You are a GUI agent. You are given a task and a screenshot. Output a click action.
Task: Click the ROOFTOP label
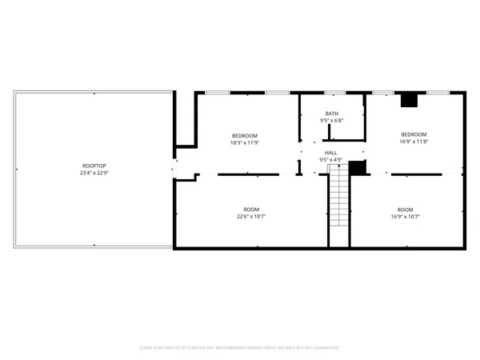(x=94, y=166)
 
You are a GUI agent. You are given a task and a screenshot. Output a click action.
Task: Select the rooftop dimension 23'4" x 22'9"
(x=94, y=173)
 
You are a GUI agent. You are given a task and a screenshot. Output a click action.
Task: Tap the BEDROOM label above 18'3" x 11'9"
(x=244, y=134)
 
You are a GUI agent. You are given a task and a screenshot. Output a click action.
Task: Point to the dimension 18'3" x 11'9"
(x=244, y=142)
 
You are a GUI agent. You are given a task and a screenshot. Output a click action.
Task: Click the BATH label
(x=331, y=114)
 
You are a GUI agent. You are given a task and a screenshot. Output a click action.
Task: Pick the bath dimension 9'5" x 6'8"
(x=331, y=121)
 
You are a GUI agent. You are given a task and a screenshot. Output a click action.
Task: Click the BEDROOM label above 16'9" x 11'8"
(x=414, y=134)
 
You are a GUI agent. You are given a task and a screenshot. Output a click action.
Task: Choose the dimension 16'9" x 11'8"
(x=414, y=142)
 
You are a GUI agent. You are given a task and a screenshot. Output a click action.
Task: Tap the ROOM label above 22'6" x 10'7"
(x=251, y=209)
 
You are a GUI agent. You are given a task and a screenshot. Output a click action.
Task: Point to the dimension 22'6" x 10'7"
(x=251, y=216)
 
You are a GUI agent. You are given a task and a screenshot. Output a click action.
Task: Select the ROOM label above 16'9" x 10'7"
(x=406, y=209)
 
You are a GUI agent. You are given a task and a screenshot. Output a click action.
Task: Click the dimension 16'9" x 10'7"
(x=406, y=216)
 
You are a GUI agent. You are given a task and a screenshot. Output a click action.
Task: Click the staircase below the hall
(x=339, y=200)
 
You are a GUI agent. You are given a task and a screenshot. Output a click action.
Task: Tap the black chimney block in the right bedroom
(x=410, y=100)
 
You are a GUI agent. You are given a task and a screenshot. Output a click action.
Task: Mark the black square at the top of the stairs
(x=358, y=167)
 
